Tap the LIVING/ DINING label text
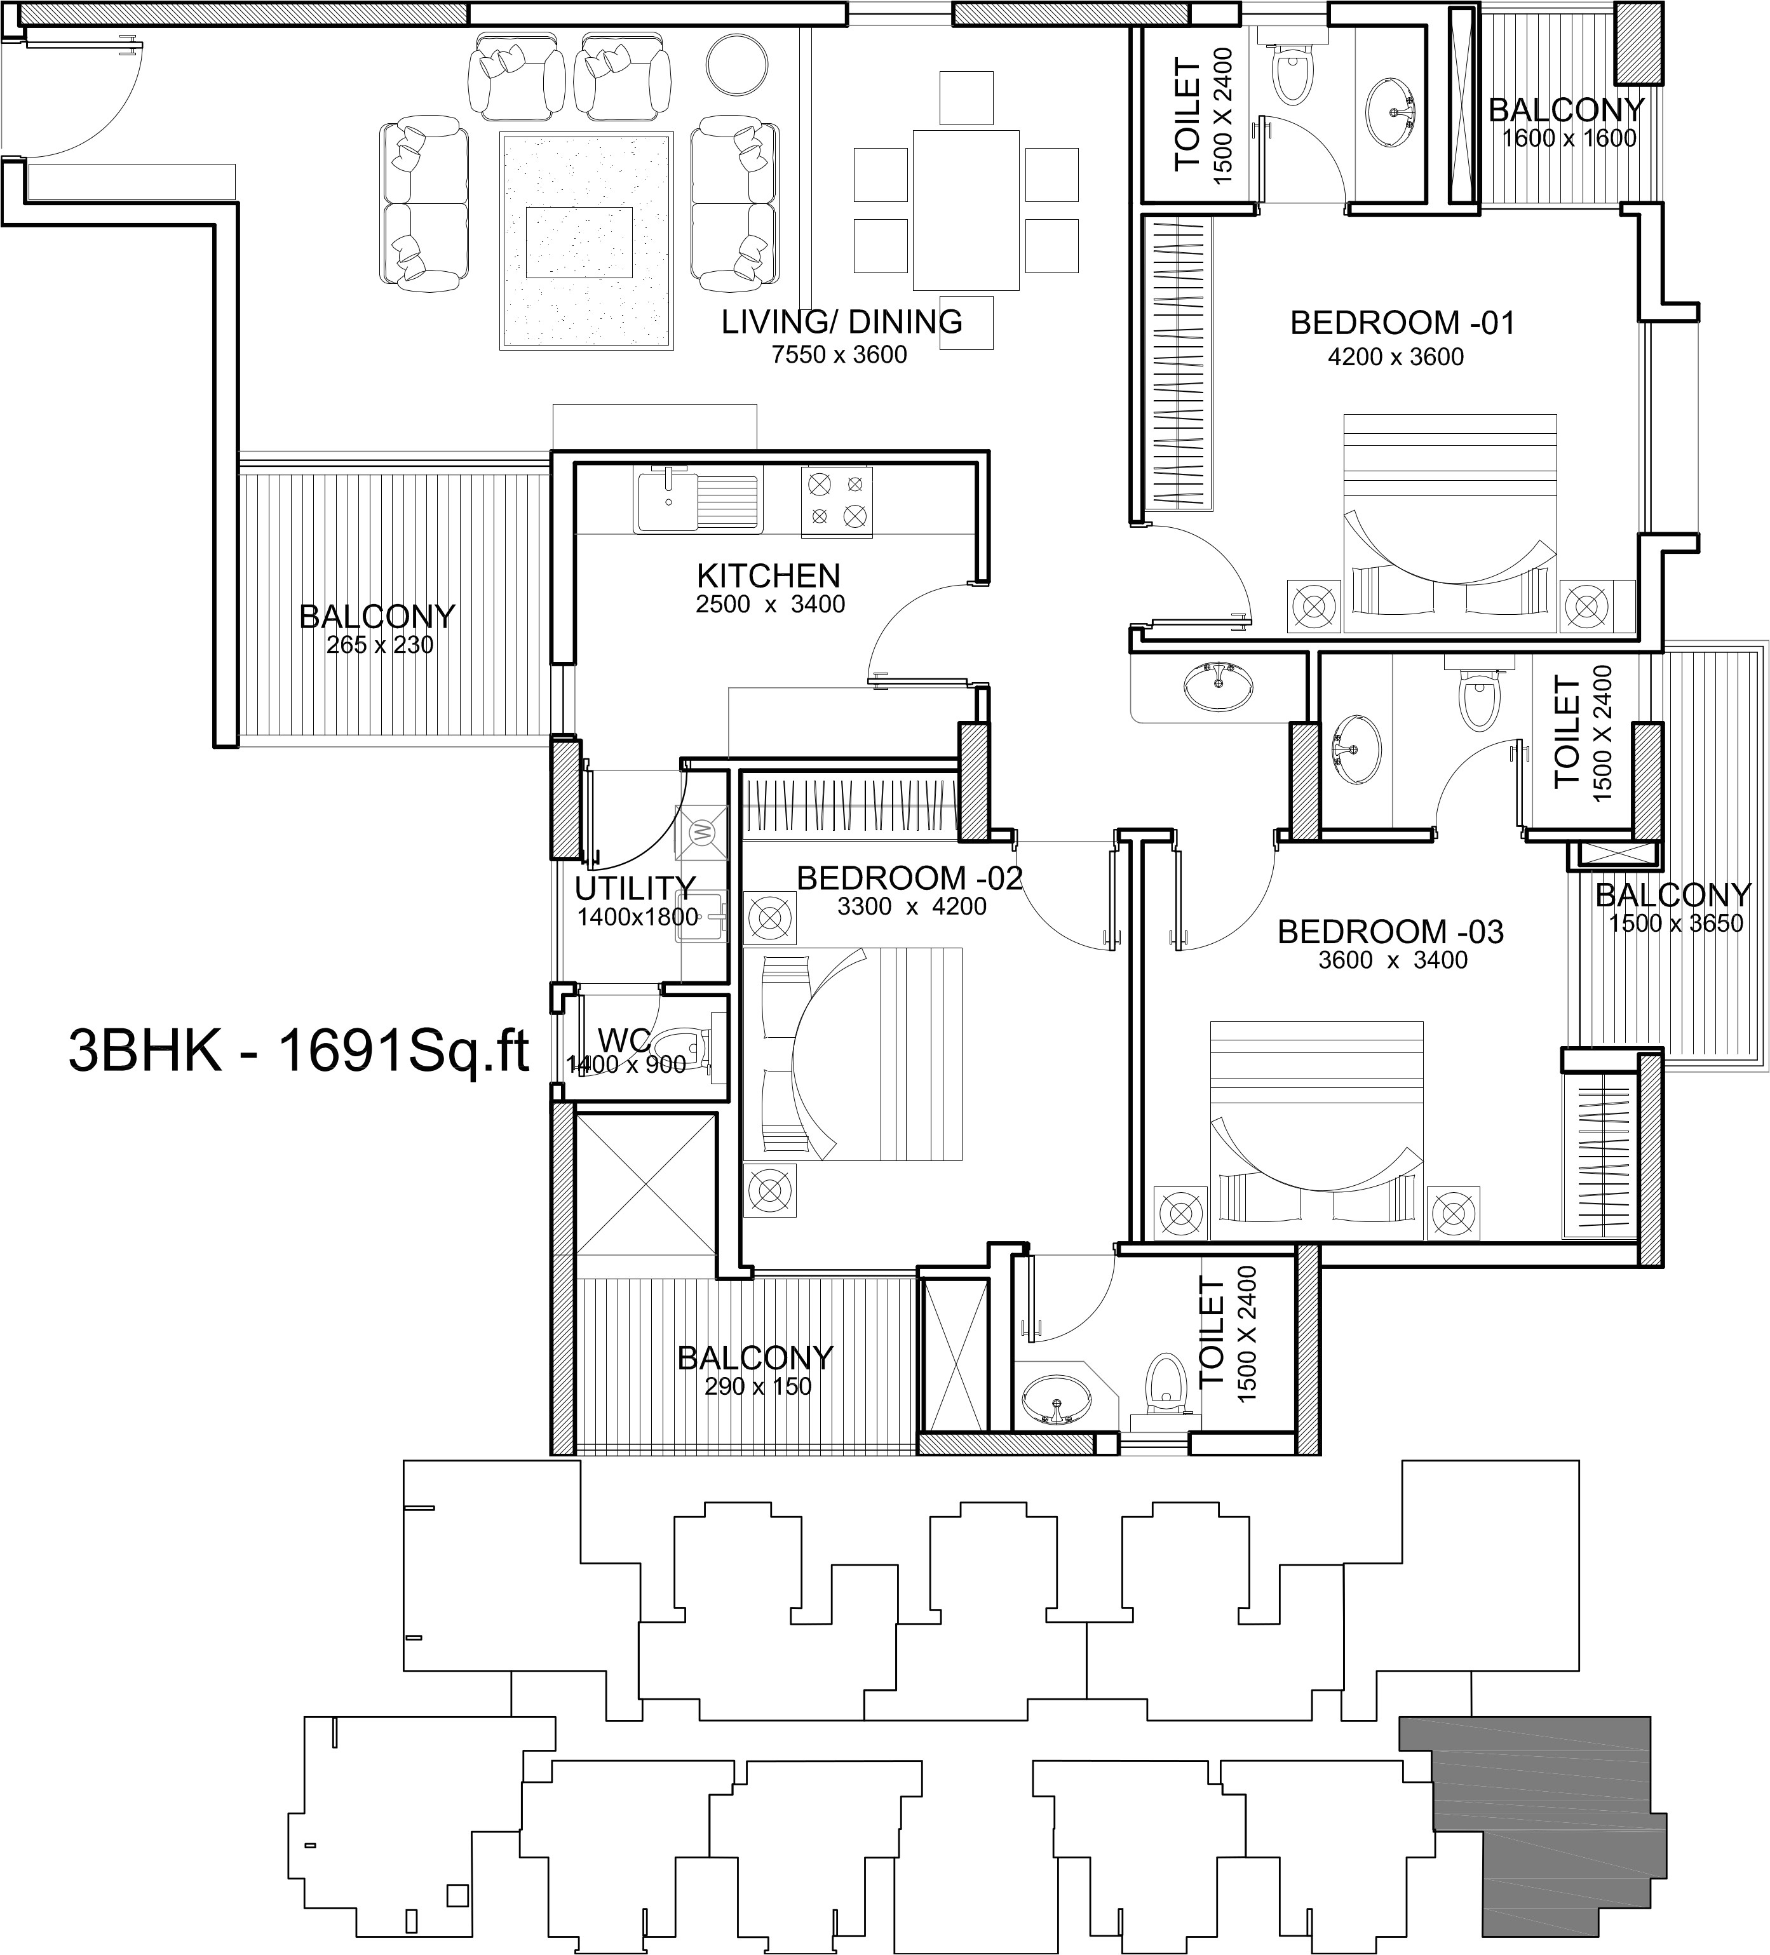(842, 321)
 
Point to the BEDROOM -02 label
(910, 878)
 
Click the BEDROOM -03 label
(1390, 932)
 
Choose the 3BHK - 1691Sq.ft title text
(300, 1051)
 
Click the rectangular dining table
(965, 210)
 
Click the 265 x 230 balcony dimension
(379, 645)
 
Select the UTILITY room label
(635, 889)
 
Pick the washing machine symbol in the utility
(702, 832)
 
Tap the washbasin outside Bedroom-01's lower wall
(1217, 687)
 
